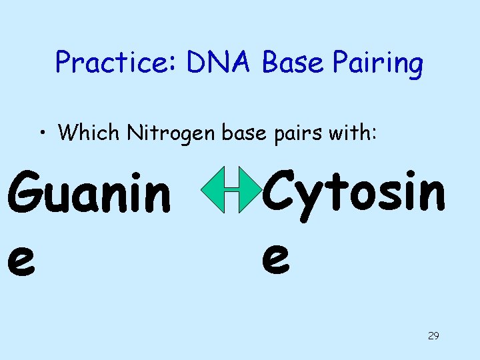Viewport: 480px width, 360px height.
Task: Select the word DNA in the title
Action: pyautogui.click(x=221, y=63)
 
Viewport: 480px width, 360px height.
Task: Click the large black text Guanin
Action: pyautogui.click(x=89, y=193)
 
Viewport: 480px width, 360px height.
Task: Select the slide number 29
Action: pyautogui.click(x=433, y=335)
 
